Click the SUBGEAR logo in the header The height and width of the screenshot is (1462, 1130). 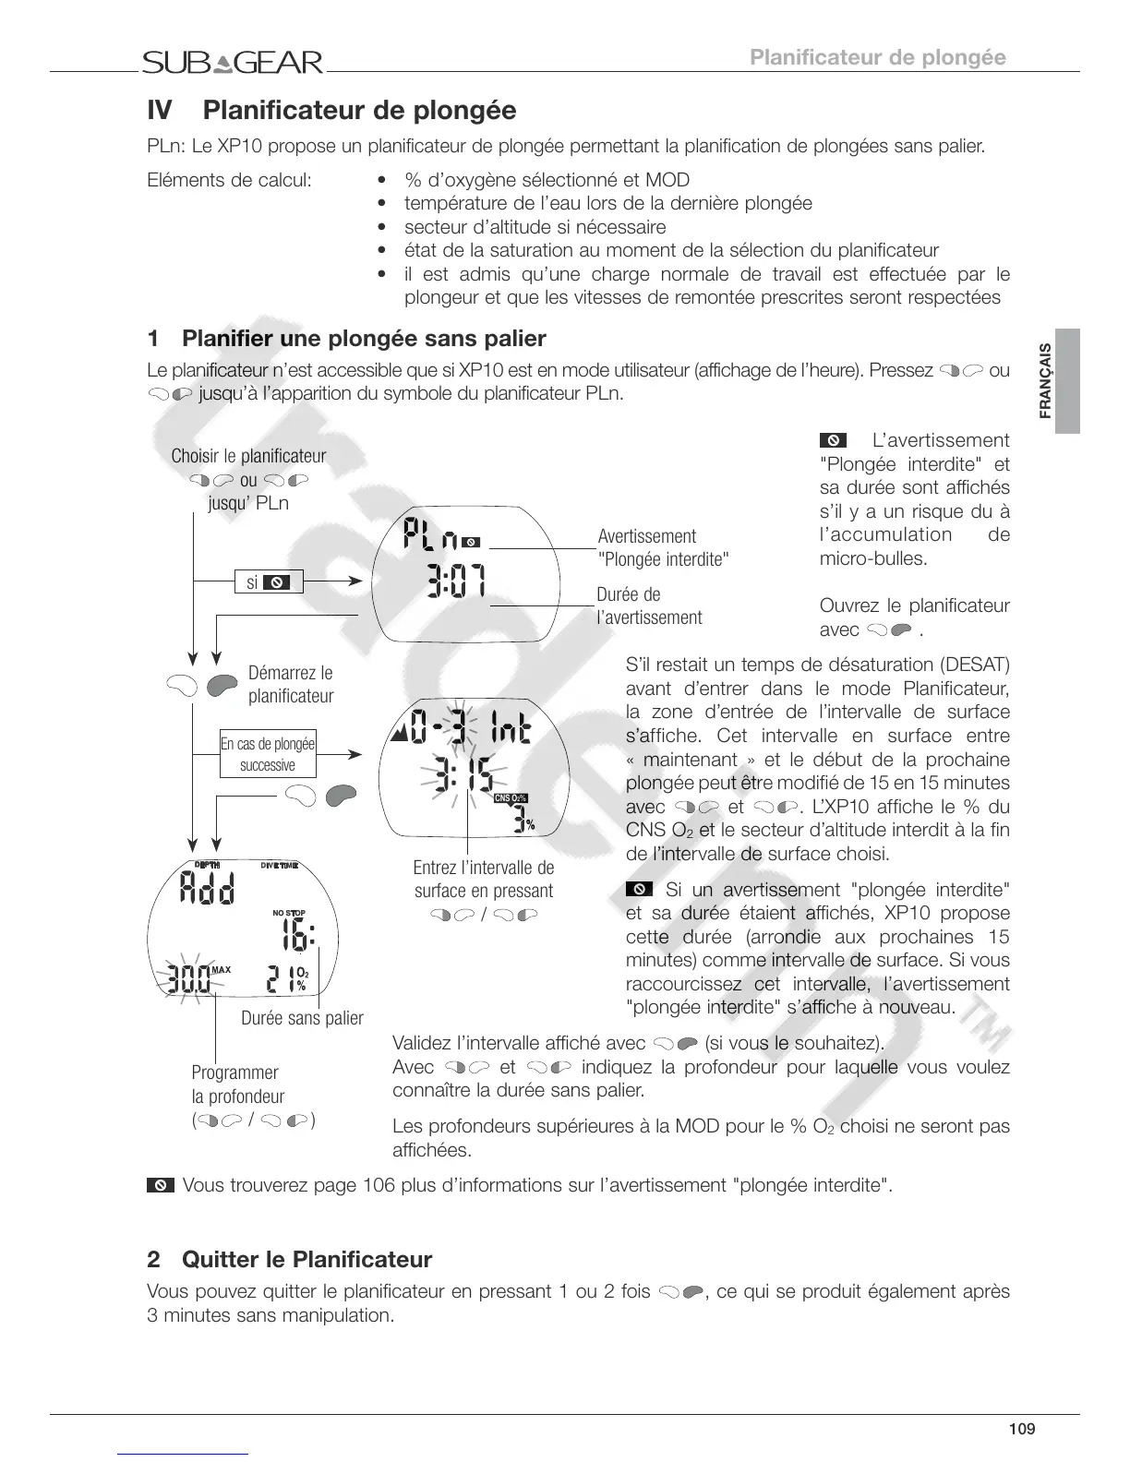[x=233, y=63]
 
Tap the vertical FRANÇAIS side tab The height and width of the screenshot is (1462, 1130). [x=1045, y=380]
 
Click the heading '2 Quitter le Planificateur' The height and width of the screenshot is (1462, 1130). [x=289, y=1259]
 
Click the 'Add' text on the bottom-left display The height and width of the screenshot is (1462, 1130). [x=207, y=890]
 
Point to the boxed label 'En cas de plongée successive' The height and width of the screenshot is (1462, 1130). [x=268, y=754]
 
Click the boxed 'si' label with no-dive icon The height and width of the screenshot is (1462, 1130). [x=269, y=582]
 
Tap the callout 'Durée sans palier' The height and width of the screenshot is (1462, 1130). [x=302, y=1018]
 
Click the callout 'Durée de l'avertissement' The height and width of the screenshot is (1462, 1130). [x=649, y=605]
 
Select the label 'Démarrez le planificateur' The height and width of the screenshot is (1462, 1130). [x=290, y=684]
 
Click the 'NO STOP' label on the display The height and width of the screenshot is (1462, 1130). [x=289, y=913]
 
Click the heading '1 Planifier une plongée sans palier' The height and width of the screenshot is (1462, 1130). [x=346, y=339]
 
